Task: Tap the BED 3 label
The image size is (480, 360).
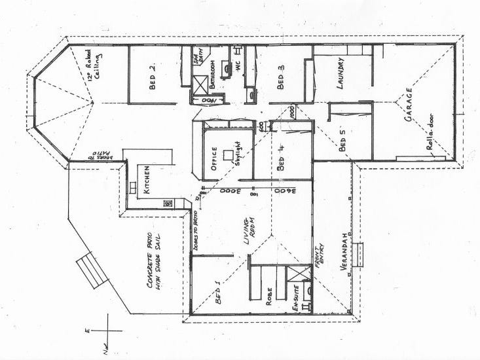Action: point(280,78)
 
